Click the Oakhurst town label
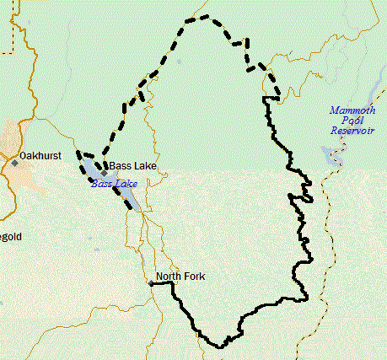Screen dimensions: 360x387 (x=41, y=156)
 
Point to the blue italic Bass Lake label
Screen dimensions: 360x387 (x=112, y=183)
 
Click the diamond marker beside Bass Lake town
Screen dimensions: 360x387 (x=104, y=174)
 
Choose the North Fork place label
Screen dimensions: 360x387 (x=180, y=277)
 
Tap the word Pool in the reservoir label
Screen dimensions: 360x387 (x=350, y=121)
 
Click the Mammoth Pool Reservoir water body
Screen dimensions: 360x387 (x=327, y=155)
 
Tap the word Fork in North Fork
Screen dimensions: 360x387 (x=195, y=277)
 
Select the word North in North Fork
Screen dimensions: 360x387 (x=169, y=277)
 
